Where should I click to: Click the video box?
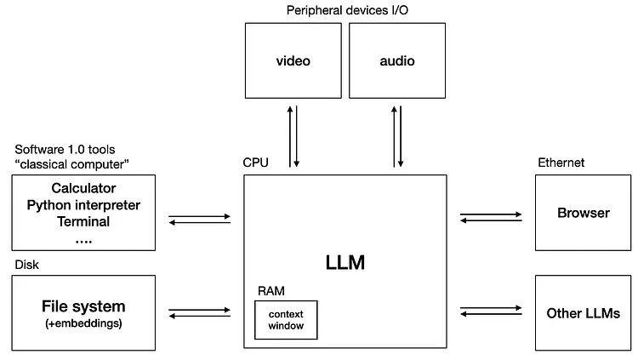pyautogui.click(x=293, y=60)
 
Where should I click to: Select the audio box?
pyautogui.click(x=397, y=60)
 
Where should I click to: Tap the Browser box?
pyautogui.click(x=583, y=213)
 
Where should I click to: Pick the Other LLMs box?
pyautogui.click(x=583, y=312)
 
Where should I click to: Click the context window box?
pyautogui.click(x=286, y=320)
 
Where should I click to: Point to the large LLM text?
pyautogui.click(x=345, y=262)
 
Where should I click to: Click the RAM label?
pyautogui.click(x=271, y=291)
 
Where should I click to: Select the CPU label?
pyautogui.click(x=255, y=163)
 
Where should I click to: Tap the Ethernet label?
pyautogui.click(x=561, y=163)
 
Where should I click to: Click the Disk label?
pyautogui.click(x=27, y=265)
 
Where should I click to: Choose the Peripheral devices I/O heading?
pyautogui.click(x=347, y=10)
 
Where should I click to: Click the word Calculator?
pyautogui.click(x=83, y=188)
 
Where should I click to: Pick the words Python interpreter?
pyautogui.click(x=83, y=205)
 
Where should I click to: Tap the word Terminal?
pyautogui.click(x=83, y=221)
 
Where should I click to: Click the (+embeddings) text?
pyautogui.click(x=83, y=323)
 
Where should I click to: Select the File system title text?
pyautogui.click(x=83, y=306)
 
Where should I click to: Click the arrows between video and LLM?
pyautogui.click(x=293, y=136)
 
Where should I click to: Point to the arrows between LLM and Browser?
pyautogui.click(x=491, y=217)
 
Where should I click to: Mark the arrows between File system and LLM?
pyautogui.click(x=200, y=312)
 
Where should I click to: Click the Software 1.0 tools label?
pyautogui.click(x=66, y=150)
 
